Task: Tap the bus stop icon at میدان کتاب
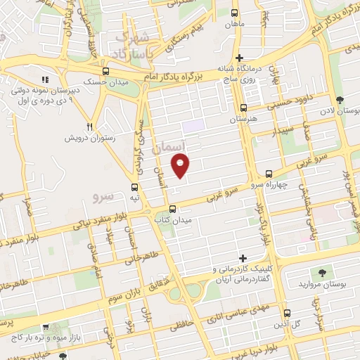(173, 208)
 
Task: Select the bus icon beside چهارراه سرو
(269, 173)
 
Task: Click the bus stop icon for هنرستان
(243, 108)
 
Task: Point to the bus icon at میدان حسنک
(105, 72)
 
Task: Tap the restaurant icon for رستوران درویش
(89, 127)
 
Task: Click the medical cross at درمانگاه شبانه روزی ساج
(240, 57)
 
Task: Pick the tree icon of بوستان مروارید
(322, 272)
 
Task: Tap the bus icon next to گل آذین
(287, 313)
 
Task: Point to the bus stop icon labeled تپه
(135, 186)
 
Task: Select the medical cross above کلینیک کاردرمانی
(243, 258)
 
